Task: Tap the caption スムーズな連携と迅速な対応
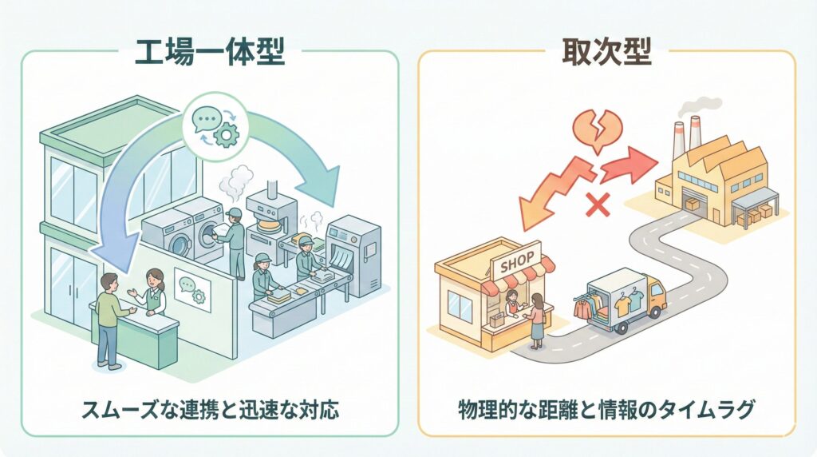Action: tap(210, 411)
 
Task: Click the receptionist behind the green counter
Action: tap(153, 292)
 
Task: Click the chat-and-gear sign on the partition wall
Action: tap(191, 290)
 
